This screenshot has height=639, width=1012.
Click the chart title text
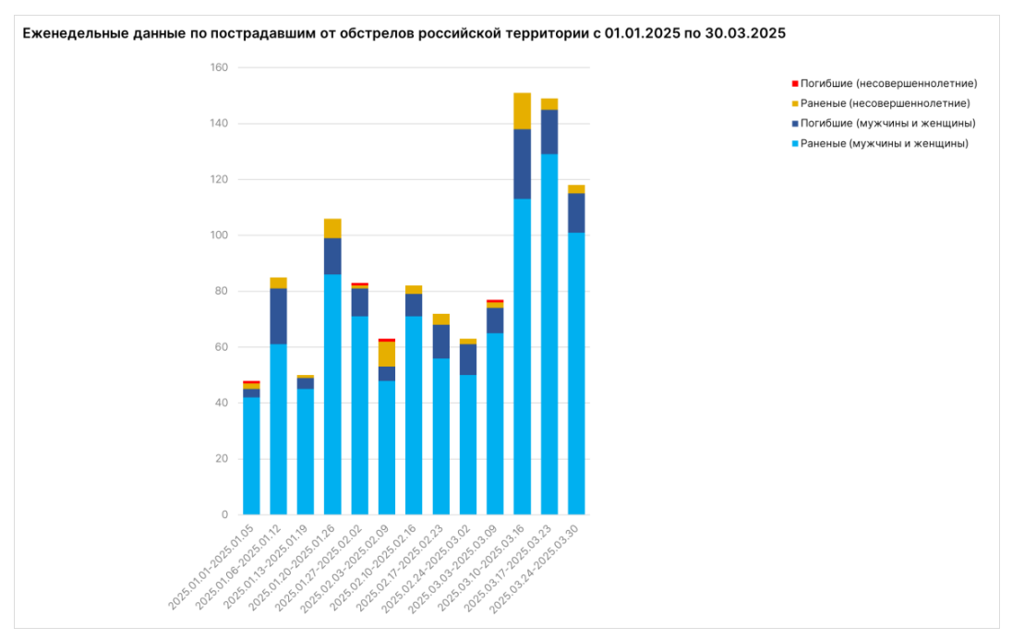point(404,33)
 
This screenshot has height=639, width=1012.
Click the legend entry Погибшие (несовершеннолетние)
point(888,83)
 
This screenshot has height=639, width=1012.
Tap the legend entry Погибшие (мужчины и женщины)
point(887,123)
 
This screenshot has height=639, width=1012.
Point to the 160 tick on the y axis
point(219,68)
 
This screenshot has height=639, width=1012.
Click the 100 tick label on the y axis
point(219,235)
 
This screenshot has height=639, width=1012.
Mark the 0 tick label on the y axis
point(225,514)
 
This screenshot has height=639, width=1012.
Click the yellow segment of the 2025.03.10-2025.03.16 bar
point(522,111)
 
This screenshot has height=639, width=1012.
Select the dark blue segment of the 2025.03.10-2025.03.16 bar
point(522,163)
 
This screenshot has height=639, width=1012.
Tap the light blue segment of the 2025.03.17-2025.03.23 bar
point(549,332)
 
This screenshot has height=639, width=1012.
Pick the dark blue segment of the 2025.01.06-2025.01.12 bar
point(278,316)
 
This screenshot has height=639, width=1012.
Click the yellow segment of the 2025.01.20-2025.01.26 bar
point(332,228)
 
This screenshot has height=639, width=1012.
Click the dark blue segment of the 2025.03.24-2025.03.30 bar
point(576,212)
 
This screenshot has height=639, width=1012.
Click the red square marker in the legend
point(794,83)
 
